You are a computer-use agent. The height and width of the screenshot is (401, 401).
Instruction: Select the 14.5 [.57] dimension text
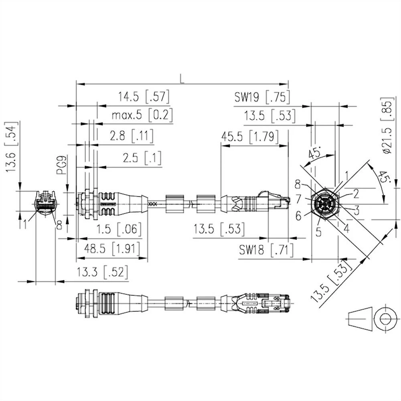[x=143, y=97]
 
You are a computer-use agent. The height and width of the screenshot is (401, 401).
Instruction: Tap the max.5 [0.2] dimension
[x=142, y=115]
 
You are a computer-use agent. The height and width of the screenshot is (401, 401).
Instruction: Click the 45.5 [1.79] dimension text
[x=250, y=137]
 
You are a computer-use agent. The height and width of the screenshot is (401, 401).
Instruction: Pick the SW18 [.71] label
[x=266, y=251]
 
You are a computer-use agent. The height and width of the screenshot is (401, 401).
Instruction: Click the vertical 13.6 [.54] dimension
[x=11, y=147]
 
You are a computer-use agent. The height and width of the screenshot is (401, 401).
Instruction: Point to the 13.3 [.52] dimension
[x=103, y=273]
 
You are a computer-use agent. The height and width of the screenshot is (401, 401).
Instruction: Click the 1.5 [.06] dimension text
[x=119, y=229]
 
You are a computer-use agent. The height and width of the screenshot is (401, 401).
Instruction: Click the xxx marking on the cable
[x=153, y=204]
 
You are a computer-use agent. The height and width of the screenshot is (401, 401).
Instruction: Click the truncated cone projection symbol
[x=359, y=319]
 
